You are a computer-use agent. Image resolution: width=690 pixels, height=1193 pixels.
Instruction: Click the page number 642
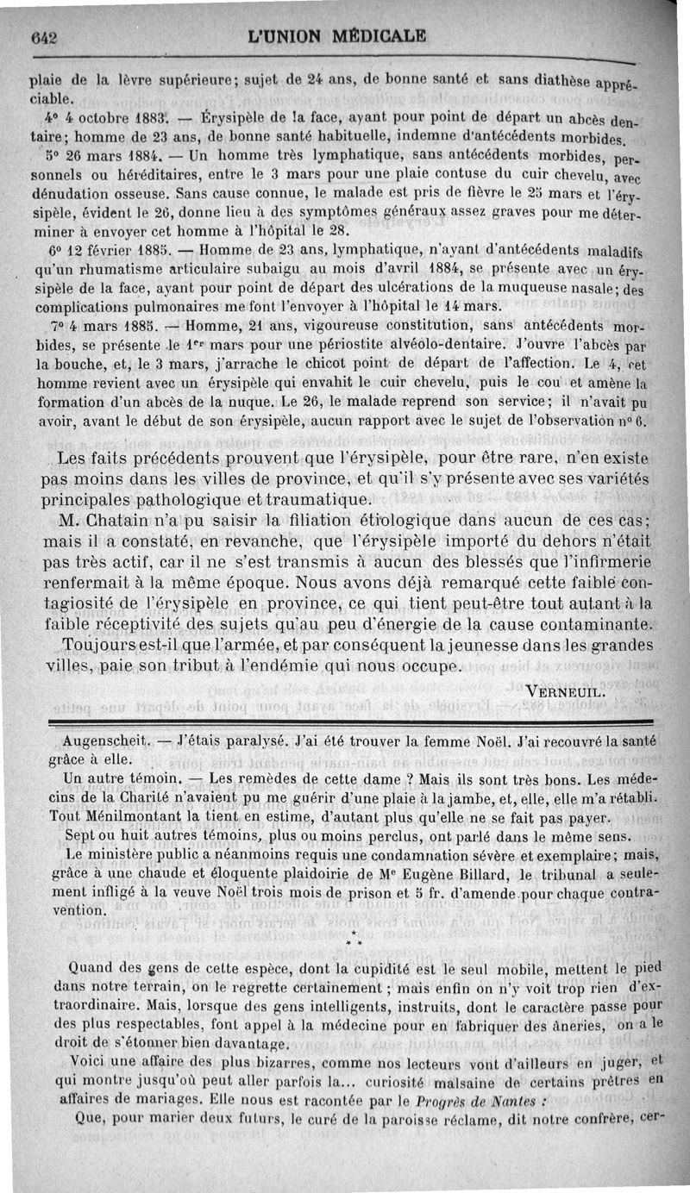click(43, 37)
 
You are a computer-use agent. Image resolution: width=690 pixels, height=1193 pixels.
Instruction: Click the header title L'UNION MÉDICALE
click(336, 36)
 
